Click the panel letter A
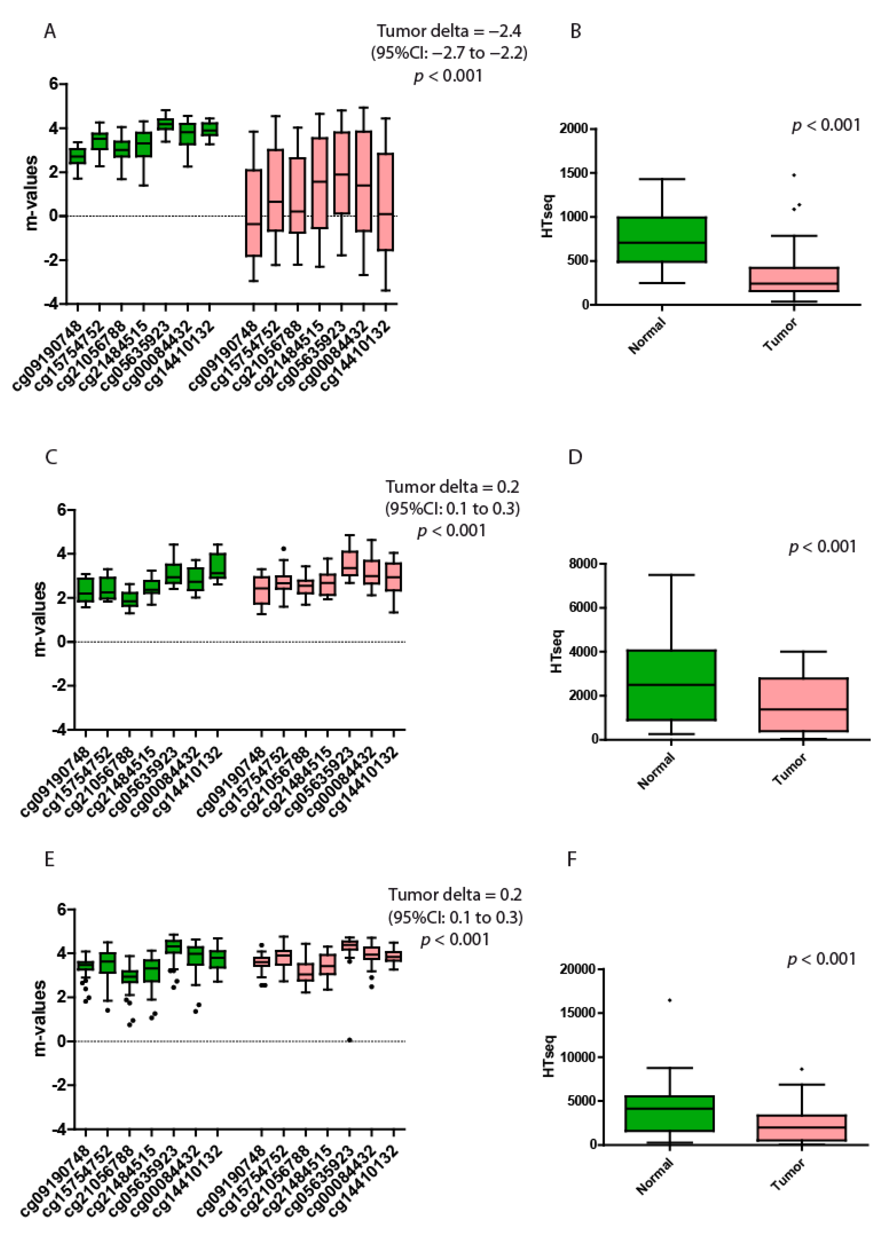point(50,31)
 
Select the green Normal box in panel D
point(671,685)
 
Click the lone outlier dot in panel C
point(283,549)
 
